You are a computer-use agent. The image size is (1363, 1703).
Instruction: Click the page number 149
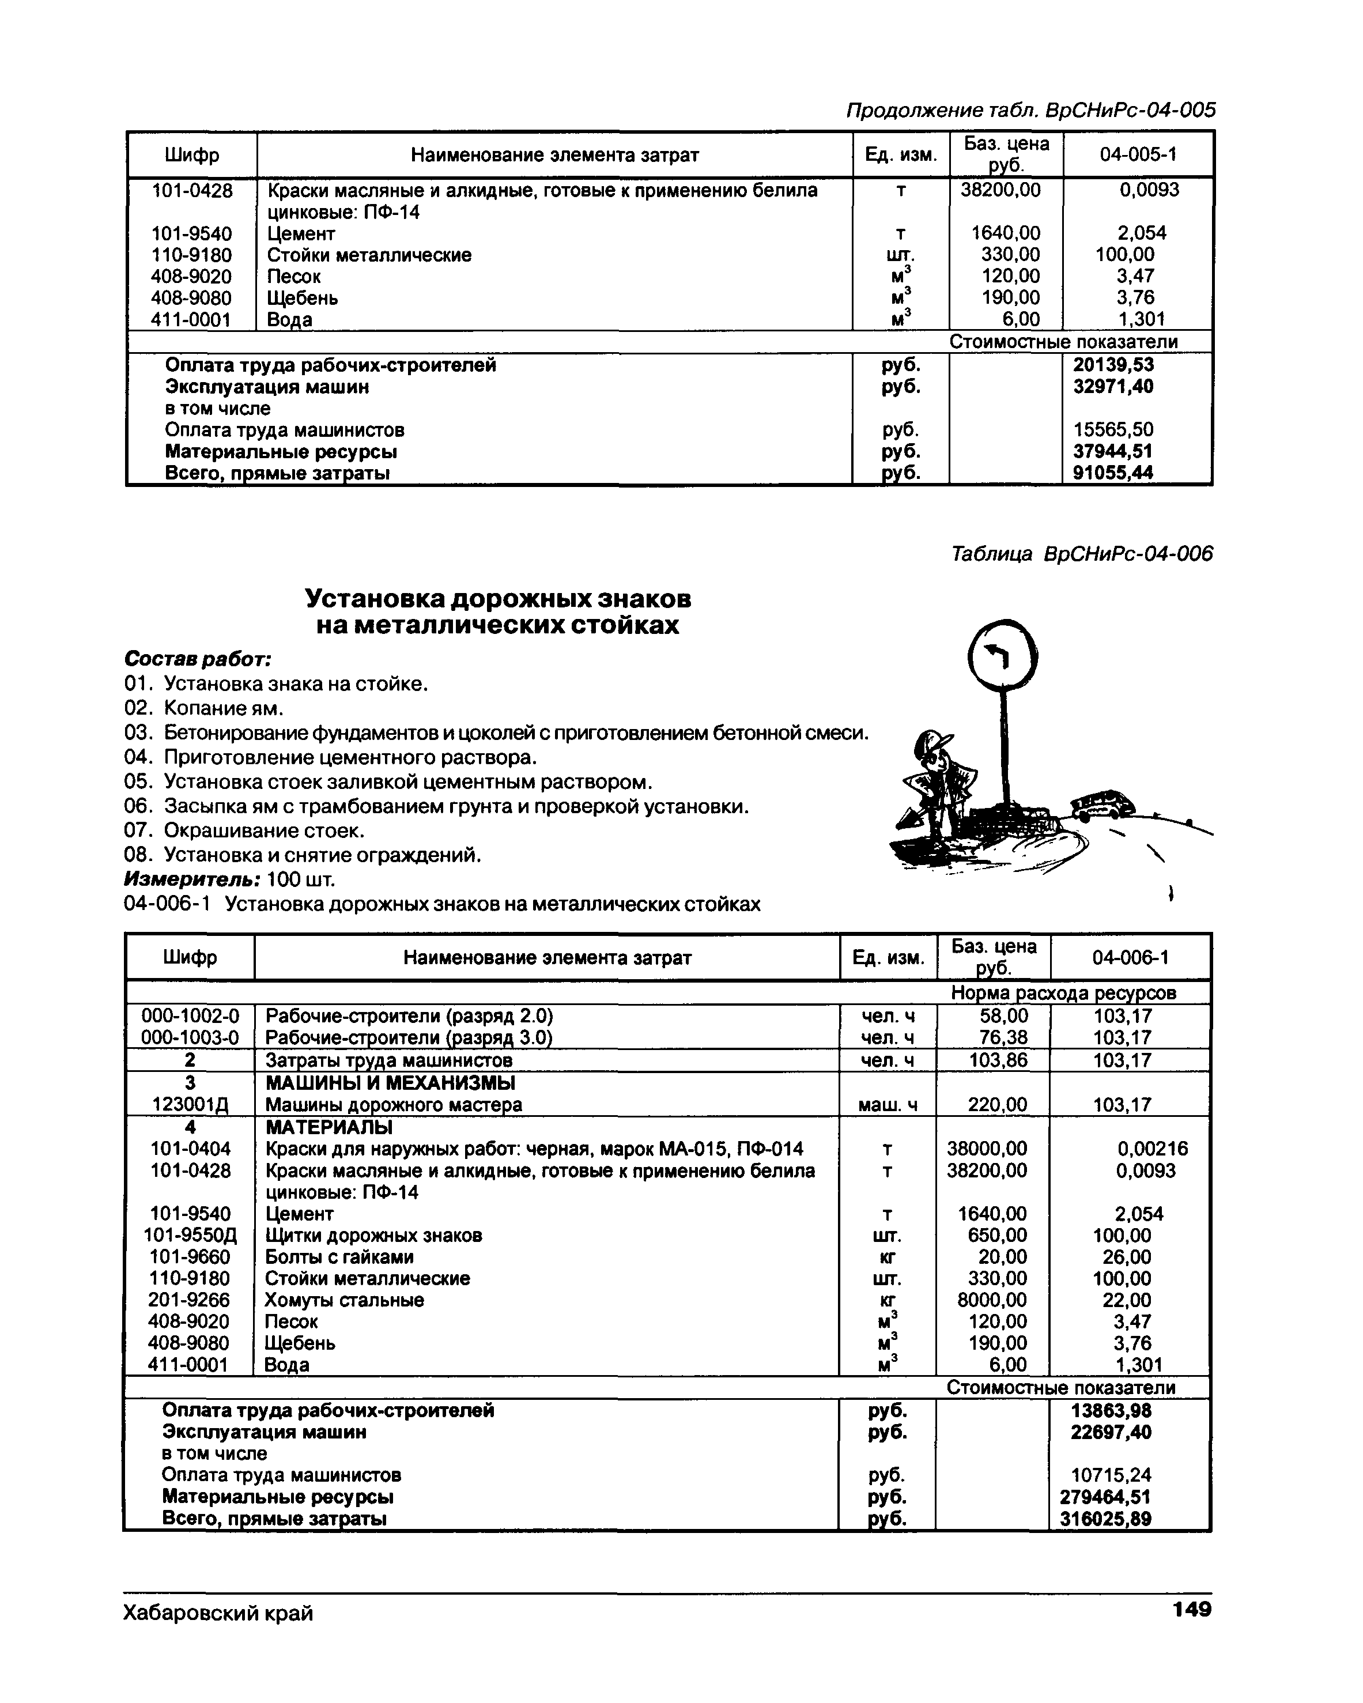coord(1192,1609)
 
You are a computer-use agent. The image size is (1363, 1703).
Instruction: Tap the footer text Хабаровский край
coord(218,1612)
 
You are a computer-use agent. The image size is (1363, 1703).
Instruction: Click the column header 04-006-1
coord(1130,958)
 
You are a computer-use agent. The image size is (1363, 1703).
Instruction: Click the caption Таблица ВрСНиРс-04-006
coord(1082,554)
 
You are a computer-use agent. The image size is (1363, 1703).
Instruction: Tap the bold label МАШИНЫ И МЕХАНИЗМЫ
coord(390,1083)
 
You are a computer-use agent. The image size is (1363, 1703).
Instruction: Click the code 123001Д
coord(190,1105)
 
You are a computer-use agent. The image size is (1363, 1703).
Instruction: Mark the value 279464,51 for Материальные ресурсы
coord(1105,1497)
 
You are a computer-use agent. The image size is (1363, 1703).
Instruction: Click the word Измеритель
coord(192,879)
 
